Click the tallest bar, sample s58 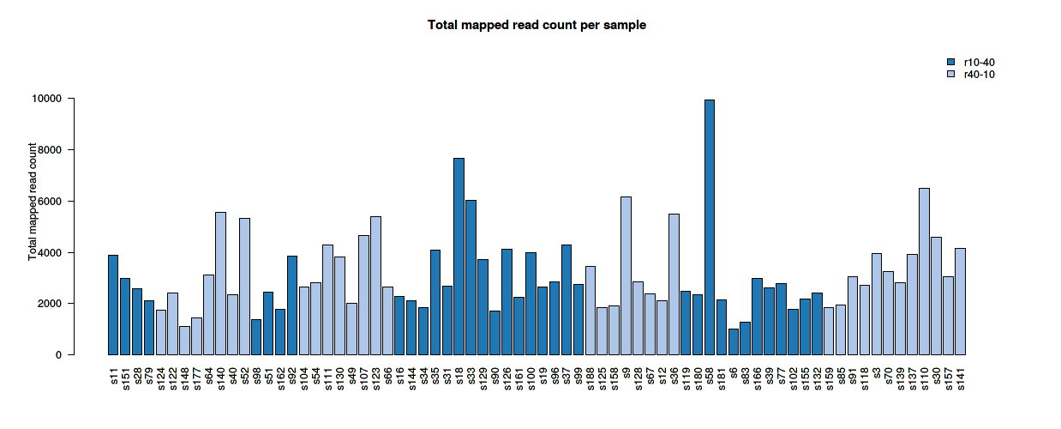709,227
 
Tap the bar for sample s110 924,271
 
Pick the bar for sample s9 626,275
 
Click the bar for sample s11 113,305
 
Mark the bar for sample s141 960,301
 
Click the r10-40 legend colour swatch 950,62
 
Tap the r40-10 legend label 979,75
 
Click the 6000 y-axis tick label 50,202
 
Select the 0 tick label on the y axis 58,354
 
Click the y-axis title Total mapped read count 33,202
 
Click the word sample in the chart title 625,26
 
